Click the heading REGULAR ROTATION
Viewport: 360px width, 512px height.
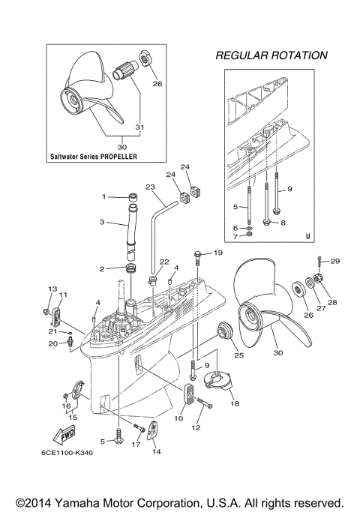(x=271, y=55)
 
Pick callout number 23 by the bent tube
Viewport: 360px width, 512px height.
(x=150, y=187)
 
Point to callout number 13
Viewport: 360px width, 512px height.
(x=52, y=289)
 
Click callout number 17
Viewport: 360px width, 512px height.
(x=136, y=445)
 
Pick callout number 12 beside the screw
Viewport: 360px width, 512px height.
(x=196, y=427)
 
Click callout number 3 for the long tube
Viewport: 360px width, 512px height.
(x=103, y=222)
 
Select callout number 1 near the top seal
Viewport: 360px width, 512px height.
(x=105, y=196)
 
